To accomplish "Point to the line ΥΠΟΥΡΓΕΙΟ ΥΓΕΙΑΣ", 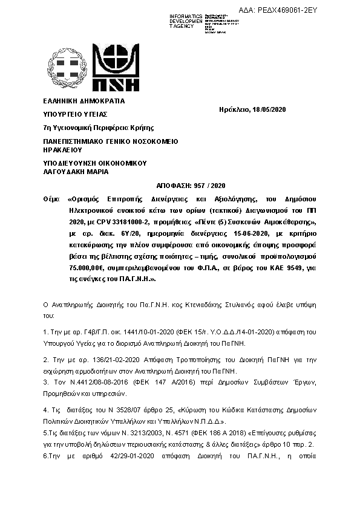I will (x=75, y=114).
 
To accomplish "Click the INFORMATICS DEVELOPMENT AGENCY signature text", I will (x=186, y=21).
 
